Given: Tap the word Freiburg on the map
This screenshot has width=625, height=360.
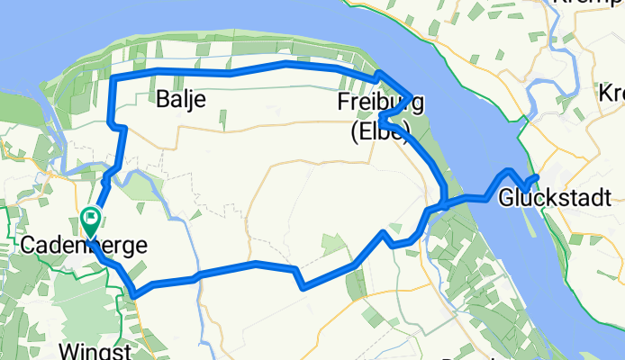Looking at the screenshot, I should point(375,102).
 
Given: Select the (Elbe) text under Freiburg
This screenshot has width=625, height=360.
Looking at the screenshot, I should point(379,132).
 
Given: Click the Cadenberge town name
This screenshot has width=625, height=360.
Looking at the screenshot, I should point(83,245).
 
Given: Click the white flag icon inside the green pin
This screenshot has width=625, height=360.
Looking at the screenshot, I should point(91,217).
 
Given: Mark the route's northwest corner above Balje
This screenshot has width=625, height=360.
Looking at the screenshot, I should point(113,78).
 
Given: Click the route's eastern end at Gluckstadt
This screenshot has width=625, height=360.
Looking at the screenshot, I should point(537,176).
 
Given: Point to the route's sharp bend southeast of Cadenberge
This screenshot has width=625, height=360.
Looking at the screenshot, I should point(133,292).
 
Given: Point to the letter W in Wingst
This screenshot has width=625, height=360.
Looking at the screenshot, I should point(68,350).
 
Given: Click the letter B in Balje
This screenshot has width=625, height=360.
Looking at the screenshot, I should point(162,100).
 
